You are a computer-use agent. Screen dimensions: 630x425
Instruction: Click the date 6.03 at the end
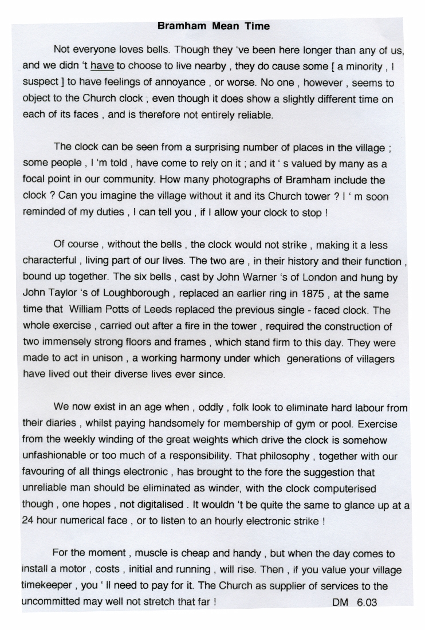click(x=365, y=603)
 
